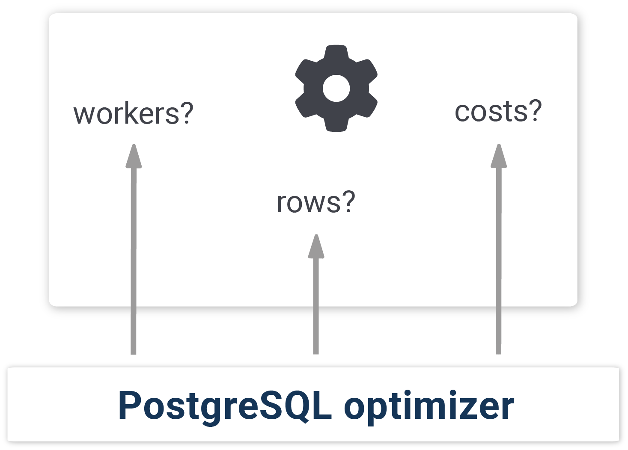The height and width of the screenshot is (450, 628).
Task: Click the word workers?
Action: click(x=134, y=113)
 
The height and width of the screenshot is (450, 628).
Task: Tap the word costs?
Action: click(x=498, y=111)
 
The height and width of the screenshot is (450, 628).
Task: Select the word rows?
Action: click(x=315, y=202)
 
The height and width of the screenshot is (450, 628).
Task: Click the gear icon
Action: click(x=336, y=88)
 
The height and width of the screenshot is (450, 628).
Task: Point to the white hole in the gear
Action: click(x=336, y=88)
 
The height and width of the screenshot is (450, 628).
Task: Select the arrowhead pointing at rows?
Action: click(x=316, y=246)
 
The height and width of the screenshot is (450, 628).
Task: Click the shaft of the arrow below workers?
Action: click(x=134, y=261)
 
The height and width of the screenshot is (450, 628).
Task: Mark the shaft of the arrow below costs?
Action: click(x=498, y=261)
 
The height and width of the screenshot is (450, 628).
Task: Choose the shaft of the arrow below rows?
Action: click(x=316, y=306)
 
